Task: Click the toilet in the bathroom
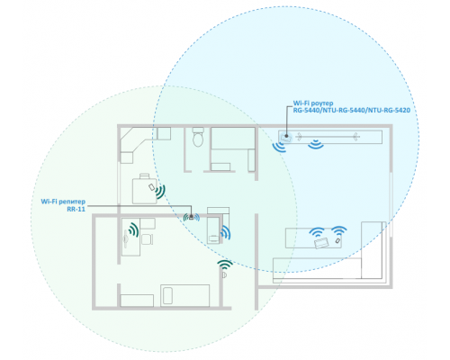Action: click(x=198, y=137)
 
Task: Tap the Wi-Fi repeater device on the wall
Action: click(x=192, y=217)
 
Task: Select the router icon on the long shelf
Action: click(x=285, y=138)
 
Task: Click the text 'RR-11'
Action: click(x=76, y=209)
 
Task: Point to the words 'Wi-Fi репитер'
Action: click(x=63, y=202)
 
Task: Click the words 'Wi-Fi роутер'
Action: click(x=313, y=103)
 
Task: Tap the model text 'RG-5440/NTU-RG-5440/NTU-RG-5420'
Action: click(x=352, y=111)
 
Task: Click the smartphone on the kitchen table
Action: click(x=152, y=187)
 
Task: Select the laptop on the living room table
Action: click(x=321, y=242)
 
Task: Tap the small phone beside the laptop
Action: click(x=338, y=240)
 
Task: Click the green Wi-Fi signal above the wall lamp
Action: click(x=225, y=265)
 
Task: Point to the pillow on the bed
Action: click(x=167, y=295)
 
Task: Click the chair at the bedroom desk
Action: click(x=147, y=239)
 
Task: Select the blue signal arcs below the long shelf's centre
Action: click(x=316, y=144)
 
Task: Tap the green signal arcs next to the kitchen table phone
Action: click(x=160, y=192)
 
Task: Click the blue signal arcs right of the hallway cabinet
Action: click(x=226, y=233)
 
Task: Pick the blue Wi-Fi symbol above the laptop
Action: click(x=317, y=232)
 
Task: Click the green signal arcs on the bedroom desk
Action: click(x=134, y=229)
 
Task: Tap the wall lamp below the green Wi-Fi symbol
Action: click(x=224, y=275)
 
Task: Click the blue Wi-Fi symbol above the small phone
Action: click(x=339, y=230)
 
